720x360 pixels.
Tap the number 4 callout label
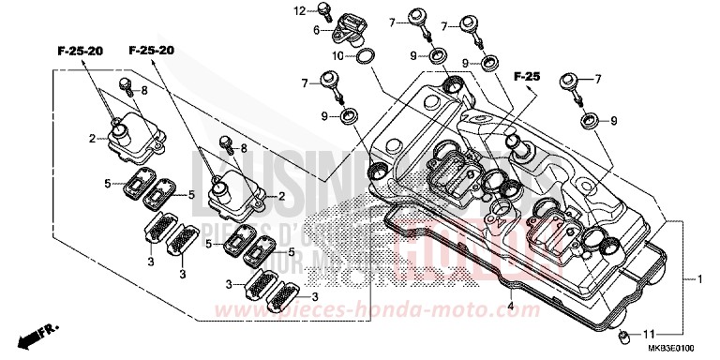[x=510, y=305]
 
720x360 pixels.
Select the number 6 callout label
[x=318, y=31]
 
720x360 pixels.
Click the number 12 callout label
[x=299, y=11]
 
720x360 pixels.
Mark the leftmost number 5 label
[x=108, y=183]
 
